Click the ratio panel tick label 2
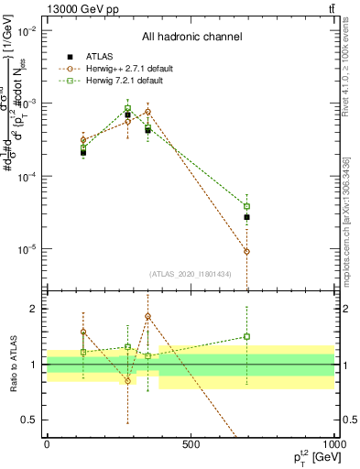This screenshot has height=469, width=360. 35,309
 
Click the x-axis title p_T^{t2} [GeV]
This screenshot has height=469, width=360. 304,457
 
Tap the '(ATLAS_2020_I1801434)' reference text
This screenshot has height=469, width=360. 191,274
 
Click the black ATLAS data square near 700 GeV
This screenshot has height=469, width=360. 246,217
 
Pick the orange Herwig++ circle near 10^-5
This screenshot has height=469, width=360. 246,251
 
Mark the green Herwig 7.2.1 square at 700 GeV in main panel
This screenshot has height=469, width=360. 246,206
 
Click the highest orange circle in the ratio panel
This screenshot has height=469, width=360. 147,317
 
